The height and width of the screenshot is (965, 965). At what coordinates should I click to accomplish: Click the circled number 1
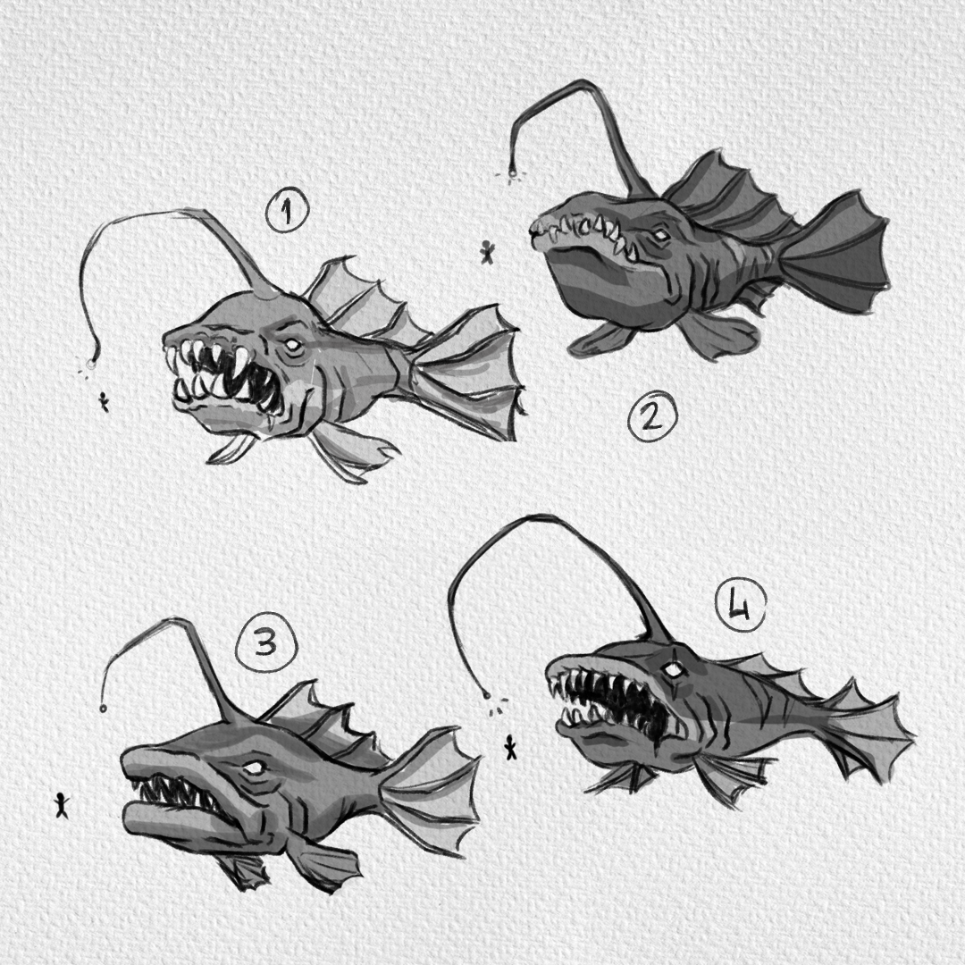(x=288, y=213)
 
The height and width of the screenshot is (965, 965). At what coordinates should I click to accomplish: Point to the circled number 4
(x=741, y=606)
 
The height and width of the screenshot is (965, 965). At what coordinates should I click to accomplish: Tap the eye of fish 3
(x=253, y=768)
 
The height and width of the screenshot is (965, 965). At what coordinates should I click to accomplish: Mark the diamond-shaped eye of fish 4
(x=675, y=671)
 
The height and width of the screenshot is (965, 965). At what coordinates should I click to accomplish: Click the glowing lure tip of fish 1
(x=90, y=365)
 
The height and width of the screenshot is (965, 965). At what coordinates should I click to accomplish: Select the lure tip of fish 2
(x=511, y=175)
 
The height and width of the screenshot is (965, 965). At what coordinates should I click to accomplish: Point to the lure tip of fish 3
(x=102, y=709)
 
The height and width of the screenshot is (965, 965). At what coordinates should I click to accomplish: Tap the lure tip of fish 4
(x=487, y=696)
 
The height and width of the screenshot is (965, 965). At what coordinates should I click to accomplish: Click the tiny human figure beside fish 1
(x=103, y=402)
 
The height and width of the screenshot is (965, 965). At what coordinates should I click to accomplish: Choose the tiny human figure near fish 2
(x=488, y=252)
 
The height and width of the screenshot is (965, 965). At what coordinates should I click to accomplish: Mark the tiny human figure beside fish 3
(x=61, y=805)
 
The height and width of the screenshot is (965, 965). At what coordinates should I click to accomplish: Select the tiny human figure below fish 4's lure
(x=510, y=747)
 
